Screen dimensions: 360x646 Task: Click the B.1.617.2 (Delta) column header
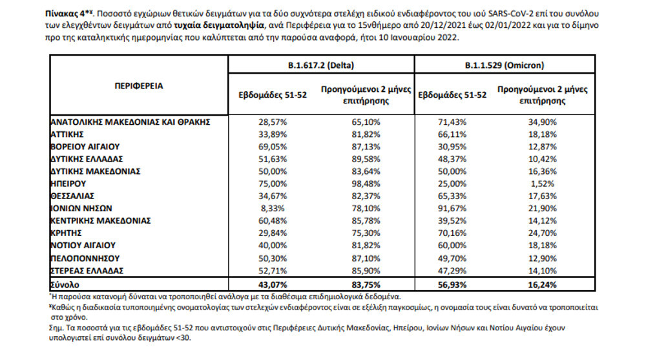click(x=322, y=65)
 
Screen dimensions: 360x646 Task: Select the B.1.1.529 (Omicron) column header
click(x=504, y=65)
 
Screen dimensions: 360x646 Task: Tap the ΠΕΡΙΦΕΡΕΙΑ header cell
click(x=139, y=85)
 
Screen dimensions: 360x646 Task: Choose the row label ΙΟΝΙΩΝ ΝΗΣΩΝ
click(x=81, y=208)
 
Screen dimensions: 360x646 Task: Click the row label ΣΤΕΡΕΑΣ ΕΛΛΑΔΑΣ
click(x=87, y=270)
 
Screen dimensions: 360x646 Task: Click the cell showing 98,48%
click(x=366, y=184)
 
